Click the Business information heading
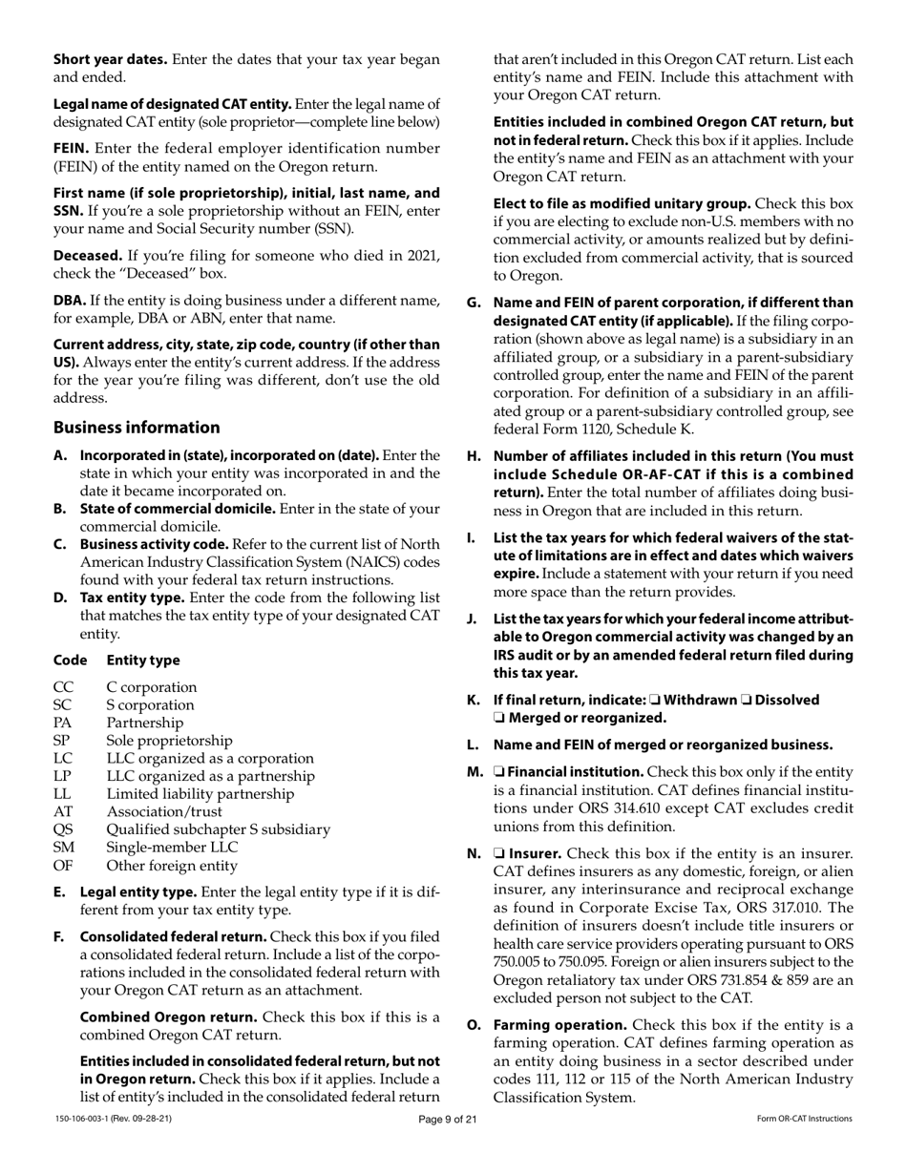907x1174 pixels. coord(137,428)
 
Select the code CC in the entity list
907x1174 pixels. coord(63,687)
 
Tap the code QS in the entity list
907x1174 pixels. coord(63,829)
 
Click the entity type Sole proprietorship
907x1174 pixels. coord(169,741)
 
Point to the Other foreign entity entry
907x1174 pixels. coord(172,866)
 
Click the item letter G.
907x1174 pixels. coord(473,303)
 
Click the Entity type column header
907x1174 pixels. coord(143,660)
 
